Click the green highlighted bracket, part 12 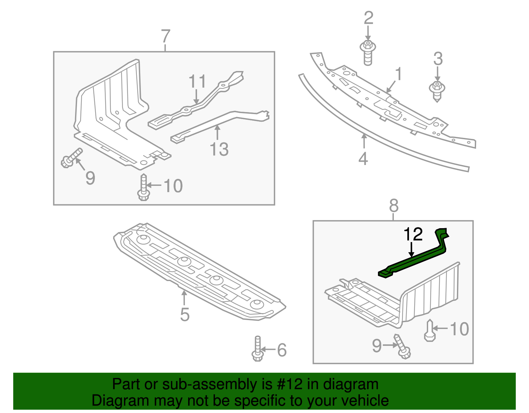click(413, 261)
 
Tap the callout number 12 click(413, 234)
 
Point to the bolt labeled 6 click(258, 349)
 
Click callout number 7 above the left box click(165, 36)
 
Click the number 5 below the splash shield click(184, 314)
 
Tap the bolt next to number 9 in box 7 click(71, 158)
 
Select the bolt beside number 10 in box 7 click(143, 187)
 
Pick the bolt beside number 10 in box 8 click(429, 330)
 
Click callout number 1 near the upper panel click(399, 74)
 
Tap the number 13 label click(219, 149)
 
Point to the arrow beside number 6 click(268, 349)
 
